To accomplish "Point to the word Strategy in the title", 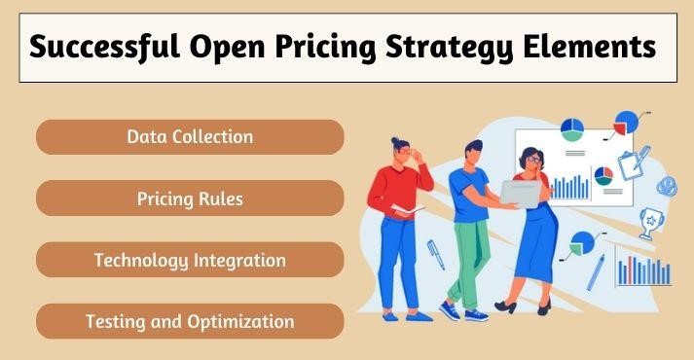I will pyautogui.click(x=449, y=48).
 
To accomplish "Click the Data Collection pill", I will pyautogui.click(x=190, y=137).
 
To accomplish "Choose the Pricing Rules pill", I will pyautogui.click(x=190, y=199).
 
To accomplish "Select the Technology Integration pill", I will pyautogui.click(x=190, y=261).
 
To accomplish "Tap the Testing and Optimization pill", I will pyautogui.click(x=190, y=321).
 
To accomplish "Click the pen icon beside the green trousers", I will pyautogui.click(x=435, y=255).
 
